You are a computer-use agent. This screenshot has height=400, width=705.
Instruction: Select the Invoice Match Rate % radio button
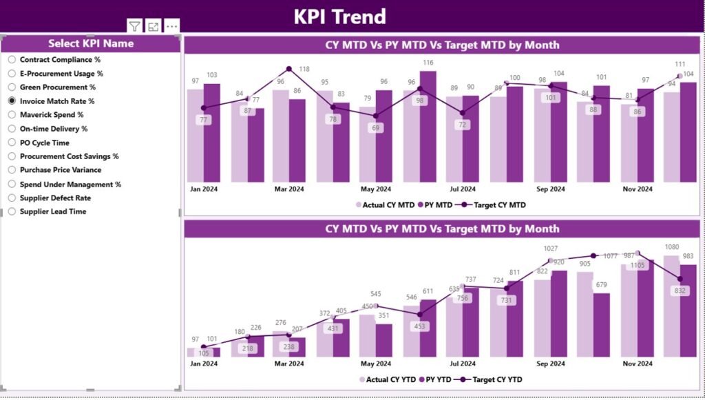click(12, 101)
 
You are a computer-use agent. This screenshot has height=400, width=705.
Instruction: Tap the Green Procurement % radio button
click(12, 87)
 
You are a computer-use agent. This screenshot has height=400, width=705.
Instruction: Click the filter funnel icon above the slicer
click(135, 26)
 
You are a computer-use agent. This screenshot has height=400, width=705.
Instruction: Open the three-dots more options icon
click(172, 26)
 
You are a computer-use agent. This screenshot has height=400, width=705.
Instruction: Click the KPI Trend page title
click(339, 16)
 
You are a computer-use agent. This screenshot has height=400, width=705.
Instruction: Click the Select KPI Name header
click(91, 43)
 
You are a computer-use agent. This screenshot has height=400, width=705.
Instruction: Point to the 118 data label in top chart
click(304, 69)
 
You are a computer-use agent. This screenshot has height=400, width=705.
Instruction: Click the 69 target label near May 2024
click(376, 128)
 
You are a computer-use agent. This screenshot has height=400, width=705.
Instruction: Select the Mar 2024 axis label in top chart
click(289, 189)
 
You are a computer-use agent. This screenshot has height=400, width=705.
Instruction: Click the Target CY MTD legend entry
click(495, 204)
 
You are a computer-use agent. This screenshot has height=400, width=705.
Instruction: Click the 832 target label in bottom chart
click(680, 291)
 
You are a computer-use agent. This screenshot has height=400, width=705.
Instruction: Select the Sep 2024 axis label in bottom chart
click(551, 364)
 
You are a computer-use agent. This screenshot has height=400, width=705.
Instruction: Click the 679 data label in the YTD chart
click(601, 285)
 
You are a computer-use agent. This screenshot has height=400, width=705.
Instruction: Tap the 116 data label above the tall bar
click(429, 63)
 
